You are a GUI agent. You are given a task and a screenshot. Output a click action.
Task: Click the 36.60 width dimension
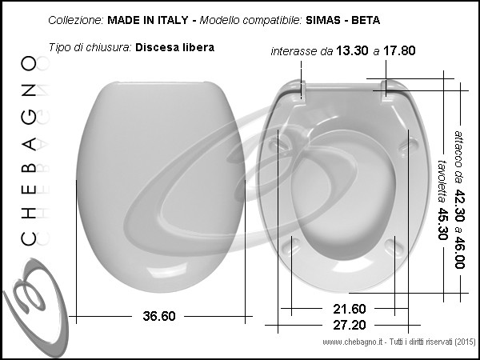(x=159, y=316)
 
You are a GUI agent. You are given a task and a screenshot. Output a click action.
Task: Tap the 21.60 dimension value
(x=350, y=309)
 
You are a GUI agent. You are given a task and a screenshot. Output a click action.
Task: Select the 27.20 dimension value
(x=350, y=325)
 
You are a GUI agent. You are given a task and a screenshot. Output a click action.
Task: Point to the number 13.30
(x=352, y=50)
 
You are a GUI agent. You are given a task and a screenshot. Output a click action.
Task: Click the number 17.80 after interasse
(x=399, y=50)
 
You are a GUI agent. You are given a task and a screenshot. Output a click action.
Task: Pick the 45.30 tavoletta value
(x=442, y=224)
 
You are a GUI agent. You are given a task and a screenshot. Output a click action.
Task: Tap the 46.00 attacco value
(x=459, y=252)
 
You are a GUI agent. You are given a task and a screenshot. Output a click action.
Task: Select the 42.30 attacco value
(x=459, y=205)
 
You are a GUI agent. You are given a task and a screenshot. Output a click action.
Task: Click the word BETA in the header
(x=366, y=20)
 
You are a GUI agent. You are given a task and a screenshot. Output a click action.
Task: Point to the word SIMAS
(x=323, y=20)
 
